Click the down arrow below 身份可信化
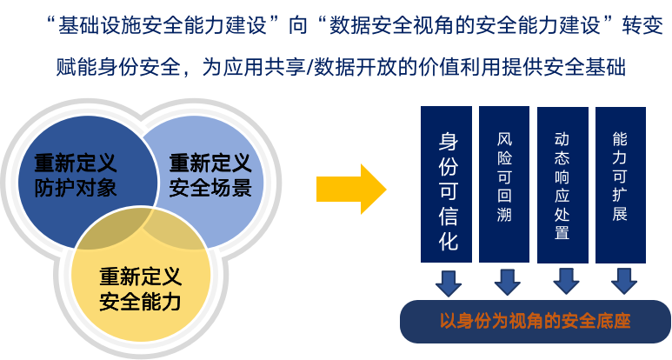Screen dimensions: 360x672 (448, 281)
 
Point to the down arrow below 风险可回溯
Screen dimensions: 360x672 (506, 281)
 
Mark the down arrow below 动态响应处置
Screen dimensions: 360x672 (564, 281)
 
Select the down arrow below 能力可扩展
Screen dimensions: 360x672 (622, 281)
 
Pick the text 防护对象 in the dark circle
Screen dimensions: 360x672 (76, 187)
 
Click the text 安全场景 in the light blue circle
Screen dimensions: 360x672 (210, 187)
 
